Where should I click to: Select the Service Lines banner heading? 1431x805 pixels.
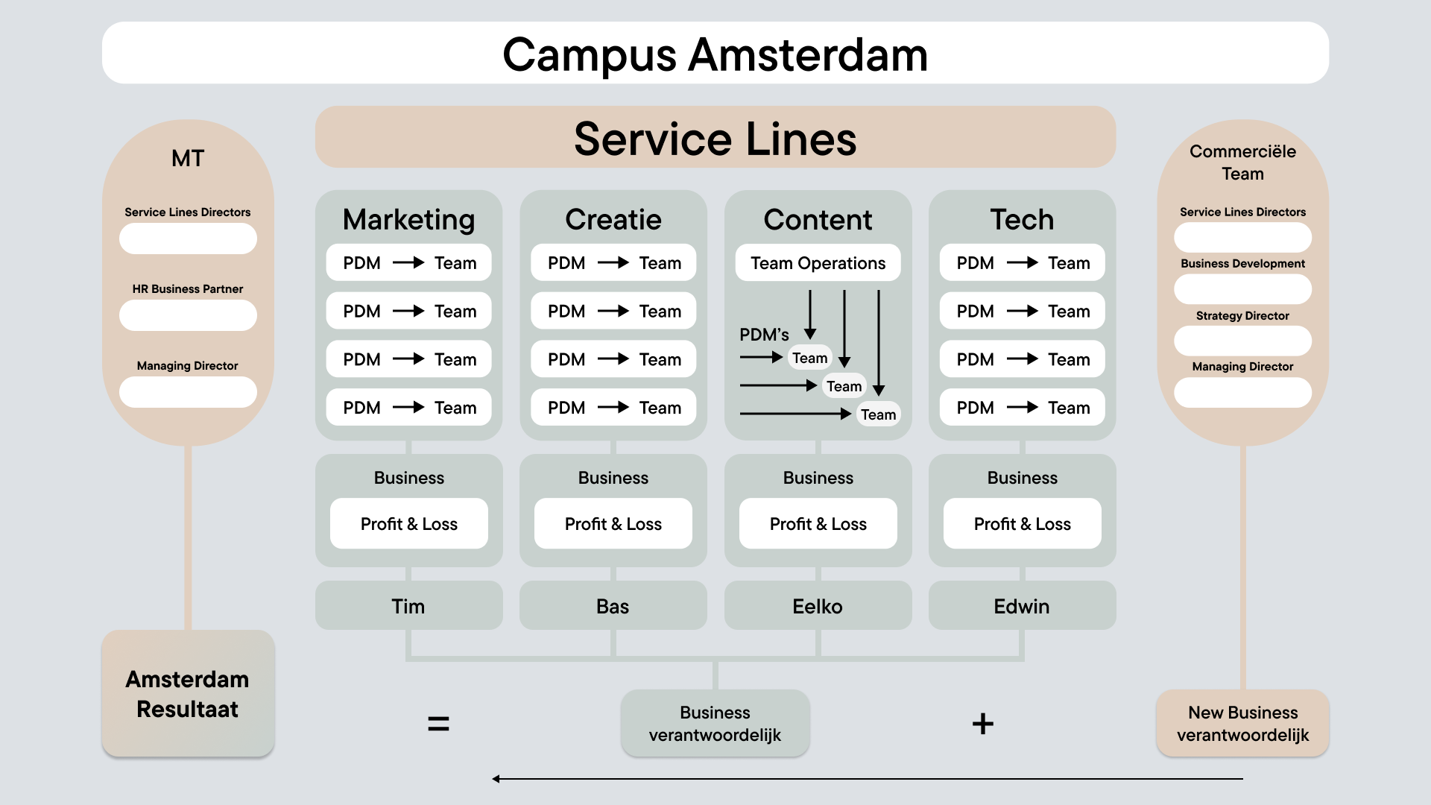(715, 139)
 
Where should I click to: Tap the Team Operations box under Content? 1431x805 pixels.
(818, 263)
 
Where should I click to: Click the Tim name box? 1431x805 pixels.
(408, 606)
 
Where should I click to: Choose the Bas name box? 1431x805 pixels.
(613, 606)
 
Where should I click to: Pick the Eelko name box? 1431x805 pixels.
(818, 606)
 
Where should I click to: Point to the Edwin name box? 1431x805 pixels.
(1022, 606)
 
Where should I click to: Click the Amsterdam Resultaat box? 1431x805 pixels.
(188, 694)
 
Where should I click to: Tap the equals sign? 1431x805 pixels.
(438, 723)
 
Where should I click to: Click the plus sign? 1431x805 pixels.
(983, 723)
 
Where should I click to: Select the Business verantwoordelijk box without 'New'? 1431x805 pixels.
(715, 724)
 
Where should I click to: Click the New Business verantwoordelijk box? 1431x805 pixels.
(1242, 724)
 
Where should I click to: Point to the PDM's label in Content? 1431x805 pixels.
(764, 335)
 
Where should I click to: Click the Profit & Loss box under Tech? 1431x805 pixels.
(1022, 524)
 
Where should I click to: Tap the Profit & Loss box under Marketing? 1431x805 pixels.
(408, 524)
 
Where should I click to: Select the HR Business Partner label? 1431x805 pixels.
(188, 289)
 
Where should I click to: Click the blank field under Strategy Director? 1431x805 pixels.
(1242, 341)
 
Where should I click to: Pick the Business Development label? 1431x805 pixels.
(1242, 264)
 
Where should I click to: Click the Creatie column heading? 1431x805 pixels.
(613, 219)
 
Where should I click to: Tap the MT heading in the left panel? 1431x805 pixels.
(188, 159)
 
